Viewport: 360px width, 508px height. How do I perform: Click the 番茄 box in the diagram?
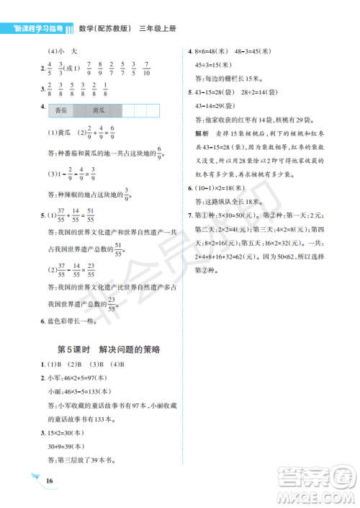pos(61,111)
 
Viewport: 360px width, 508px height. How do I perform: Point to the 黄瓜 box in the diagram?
pos(99,111)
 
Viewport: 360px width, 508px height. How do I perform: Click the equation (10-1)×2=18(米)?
pos(225,190)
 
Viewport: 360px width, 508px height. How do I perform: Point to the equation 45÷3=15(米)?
pos(213,66)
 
